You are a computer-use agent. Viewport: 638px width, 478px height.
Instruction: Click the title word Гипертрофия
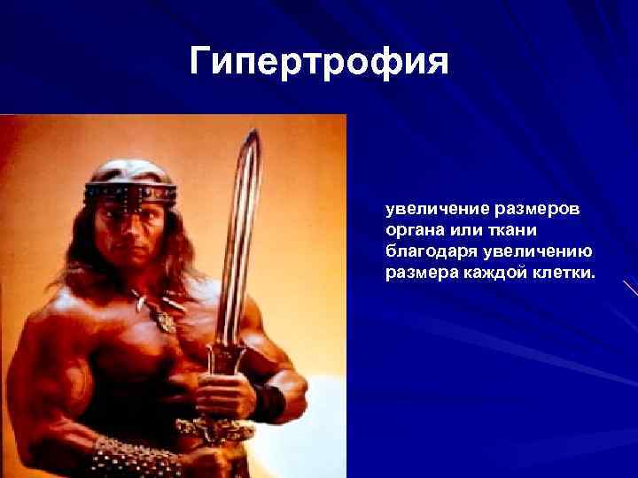[x=320, y=63]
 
